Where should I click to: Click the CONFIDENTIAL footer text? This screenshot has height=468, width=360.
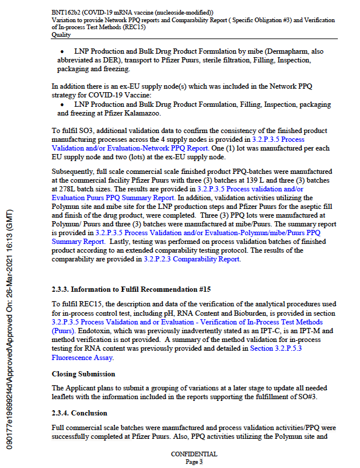click(x=194, y=454)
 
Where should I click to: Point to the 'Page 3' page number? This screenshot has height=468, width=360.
click(x=194, y=462)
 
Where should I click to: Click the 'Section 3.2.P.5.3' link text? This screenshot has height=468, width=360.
click(x=275, y=348)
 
